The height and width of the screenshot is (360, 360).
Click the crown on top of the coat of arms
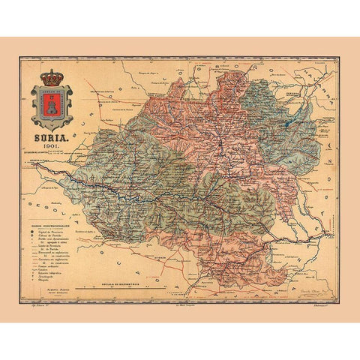(52, 76)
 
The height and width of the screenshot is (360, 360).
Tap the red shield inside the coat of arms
(52, 106)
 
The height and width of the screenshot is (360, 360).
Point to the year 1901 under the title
(52, 148)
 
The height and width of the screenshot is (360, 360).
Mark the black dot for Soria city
(219, 142)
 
